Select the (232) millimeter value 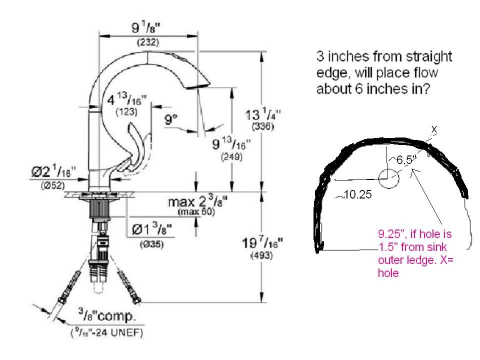pyautogui.click(x=148, y=43)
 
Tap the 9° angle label pyautogui.click(x=171, y=119)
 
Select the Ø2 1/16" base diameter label pyautogui.click(x=52, y=172)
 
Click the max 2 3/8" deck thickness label pyautogui.click(x=197, y=202)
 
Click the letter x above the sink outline pyautogui.click(x=434, y=129)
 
